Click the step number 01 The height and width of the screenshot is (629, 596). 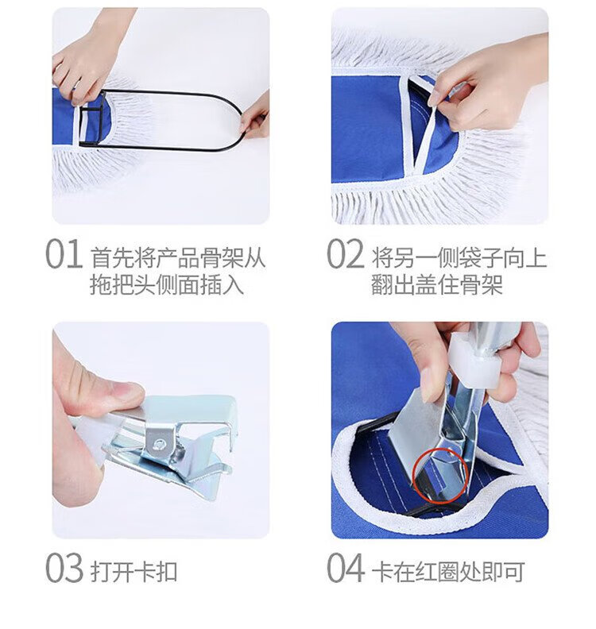click(64, 254)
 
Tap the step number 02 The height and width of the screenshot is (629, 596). click(345, 254)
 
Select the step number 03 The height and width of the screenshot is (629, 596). click(64, 568)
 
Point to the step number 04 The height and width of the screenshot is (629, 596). click(345, 568)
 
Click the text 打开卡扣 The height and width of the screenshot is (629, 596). click(134, 571)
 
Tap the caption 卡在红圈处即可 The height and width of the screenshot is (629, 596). click(448, 571)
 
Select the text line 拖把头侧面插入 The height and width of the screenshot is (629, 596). click(167, 285)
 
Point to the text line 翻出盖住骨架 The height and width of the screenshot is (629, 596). click(437, 285)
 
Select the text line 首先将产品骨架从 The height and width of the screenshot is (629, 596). click(177, 257)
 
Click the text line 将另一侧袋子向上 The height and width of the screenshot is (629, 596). click(459, 257)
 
